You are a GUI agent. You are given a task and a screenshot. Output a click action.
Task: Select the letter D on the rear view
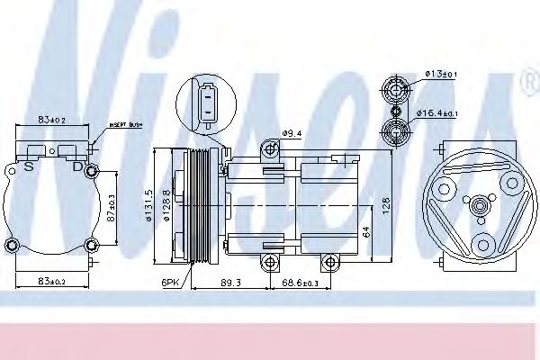coord(76,166)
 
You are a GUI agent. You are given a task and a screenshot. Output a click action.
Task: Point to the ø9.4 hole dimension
coord(292,134)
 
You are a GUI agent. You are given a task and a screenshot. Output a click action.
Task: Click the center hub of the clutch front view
coord(481,206)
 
